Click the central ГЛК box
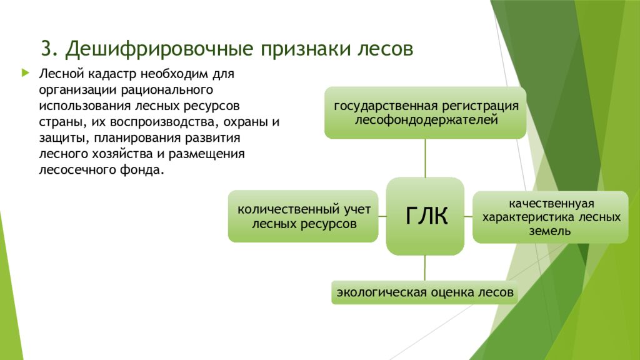pyautogui.click(x=425, y=216)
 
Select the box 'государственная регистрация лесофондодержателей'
pyautogui.click(x=425, y=112)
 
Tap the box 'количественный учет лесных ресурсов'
pyautogui.click(x=304, y=216)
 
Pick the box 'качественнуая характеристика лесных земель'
pyautogui.click(x=550, y=217)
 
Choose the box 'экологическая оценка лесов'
pyautogui.click(x=425, y=292)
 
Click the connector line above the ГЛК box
pyautogui.click(x=425, y=157)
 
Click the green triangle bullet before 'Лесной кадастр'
pyautogui.click(x=25, y=73)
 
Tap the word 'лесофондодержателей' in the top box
pyautogui.click(x=426, y=119)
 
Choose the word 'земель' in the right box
pyautogui.click(x=550, y=231)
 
